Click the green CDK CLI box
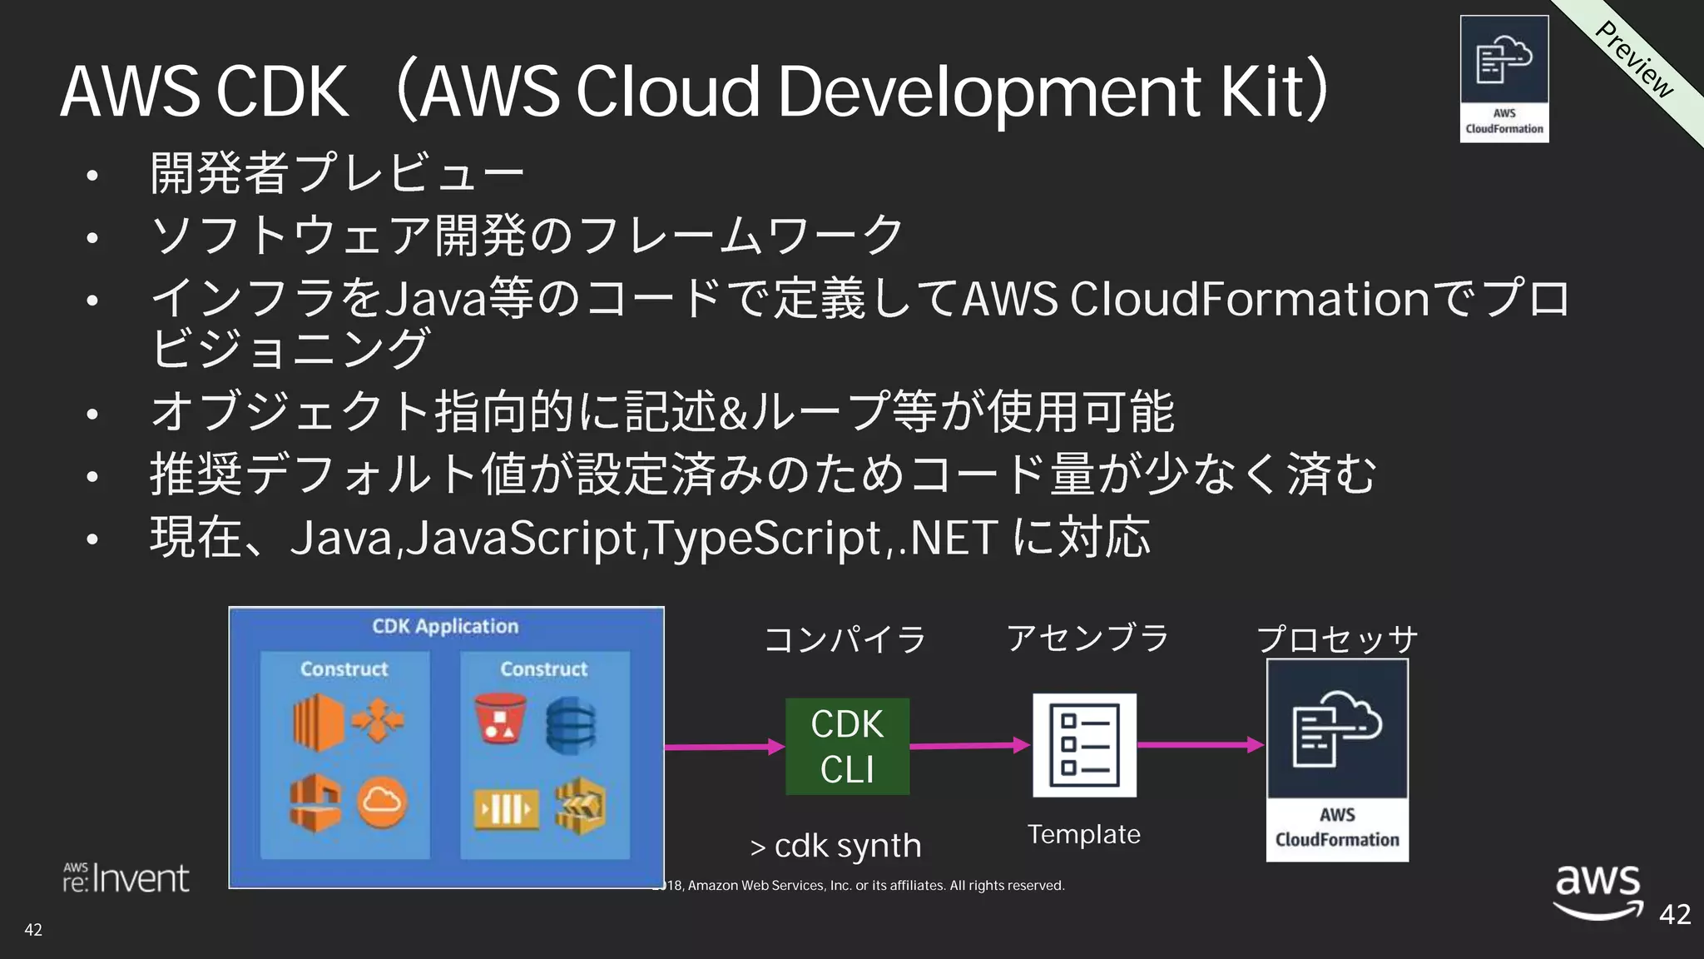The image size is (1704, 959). tap(847, 747)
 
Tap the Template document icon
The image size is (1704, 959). tap(1084, 745)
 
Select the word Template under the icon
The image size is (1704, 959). tap(1083, 834)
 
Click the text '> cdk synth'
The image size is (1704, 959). tap(835, 847)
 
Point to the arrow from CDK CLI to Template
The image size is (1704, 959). tap(969, 746)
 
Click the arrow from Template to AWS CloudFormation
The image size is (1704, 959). tap(1200, 745)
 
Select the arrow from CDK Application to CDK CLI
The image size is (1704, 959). tap(724, 747)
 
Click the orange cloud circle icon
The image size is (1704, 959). tap(382, 802)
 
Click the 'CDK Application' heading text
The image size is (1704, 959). tap(445, 627)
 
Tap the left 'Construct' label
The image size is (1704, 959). tap(344, 669)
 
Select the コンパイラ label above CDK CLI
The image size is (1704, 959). tap(845, 639)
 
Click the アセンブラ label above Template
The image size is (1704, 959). tap(1087, 639)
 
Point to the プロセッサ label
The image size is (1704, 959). tap(1337, 639)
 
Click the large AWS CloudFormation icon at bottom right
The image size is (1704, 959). tap(1337, 759)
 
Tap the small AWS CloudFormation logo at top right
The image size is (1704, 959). tap(1504, 79)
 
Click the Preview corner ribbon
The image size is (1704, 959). tap(1635, 58)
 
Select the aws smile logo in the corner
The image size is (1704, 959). tap(1597, 891)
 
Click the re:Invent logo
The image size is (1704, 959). tap(126, 878)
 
